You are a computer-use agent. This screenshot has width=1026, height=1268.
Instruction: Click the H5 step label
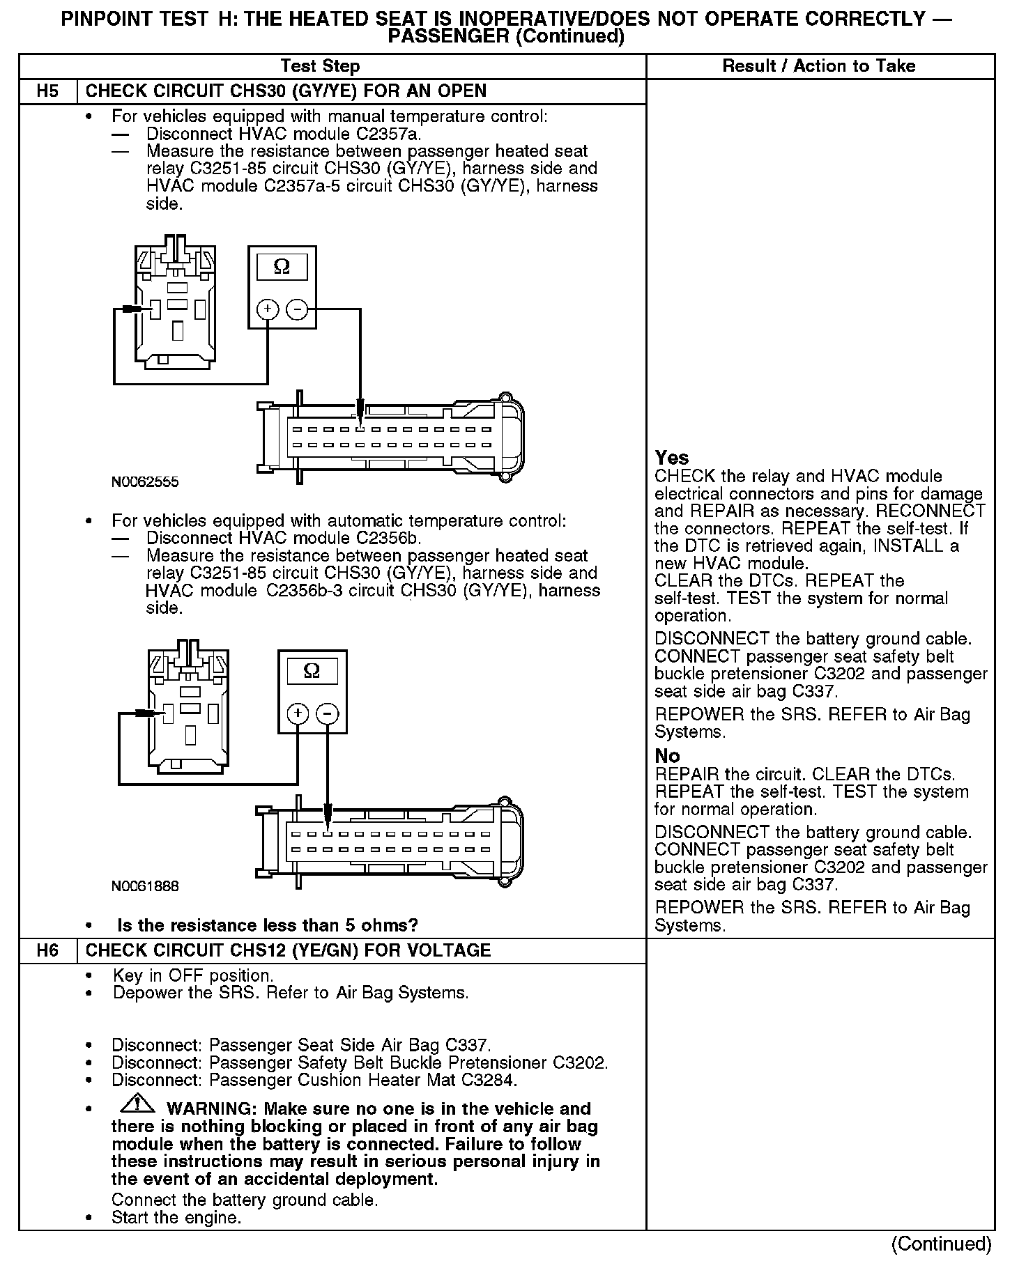[x=47, y=91]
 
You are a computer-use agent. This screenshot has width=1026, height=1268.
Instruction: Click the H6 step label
[x=47, y=950]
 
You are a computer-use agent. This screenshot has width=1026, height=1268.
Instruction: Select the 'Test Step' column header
[x=320, y=66]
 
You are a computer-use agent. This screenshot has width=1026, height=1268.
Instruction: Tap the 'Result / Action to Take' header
[x=819, y=66]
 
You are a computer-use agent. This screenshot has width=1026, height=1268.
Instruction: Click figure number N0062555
[x=145, y=481]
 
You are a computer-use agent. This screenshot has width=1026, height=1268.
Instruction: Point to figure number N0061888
[x=145, y=886]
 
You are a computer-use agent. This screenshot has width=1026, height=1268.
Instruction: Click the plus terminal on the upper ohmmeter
[x=268, y=309]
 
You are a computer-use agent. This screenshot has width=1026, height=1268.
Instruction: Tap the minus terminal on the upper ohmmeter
[x=297, y=309]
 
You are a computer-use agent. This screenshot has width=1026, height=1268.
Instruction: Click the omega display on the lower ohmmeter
[x=312, y=671]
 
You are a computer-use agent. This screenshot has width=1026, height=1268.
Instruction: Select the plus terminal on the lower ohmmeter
[x=298, y=713]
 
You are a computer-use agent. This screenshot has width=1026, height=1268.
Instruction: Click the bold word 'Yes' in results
[x=672, y=458]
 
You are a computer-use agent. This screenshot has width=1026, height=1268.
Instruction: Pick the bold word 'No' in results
[x=667, y=756]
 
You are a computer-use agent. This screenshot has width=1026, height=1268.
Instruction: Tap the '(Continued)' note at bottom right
[x=941, y=1244]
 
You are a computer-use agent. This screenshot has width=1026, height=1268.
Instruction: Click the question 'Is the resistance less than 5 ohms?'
[x=268, y=925]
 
